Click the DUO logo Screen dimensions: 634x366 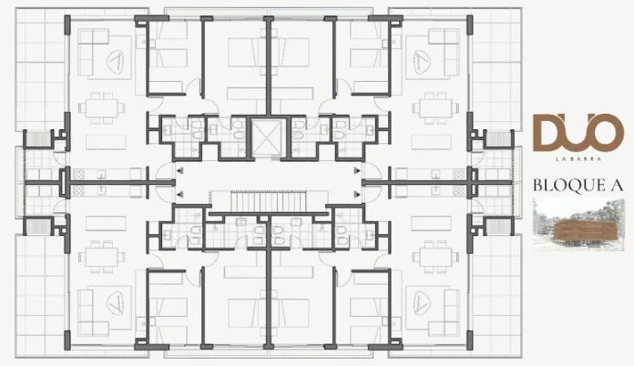578,133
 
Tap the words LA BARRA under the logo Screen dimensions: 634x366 578,159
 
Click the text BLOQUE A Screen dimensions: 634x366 578,185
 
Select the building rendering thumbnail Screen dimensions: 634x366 578,225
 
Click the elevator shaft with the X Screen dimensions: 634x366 266,137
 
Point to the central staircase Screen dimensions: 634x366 267,201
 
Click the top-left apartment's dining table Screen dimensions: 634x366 102,108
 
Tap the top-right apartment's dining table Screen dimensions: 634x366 435,108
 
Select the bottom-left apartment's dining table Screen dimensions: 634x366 102,257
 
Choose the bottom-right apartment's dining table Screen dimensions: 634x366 435,257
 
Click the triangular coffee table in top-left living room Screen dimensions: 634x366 115,61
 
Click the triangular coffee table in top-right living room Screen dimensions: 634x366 422,61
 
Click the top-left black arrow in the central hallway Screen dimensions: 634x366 179,170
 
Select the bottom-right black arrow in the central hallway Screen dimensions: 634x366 357,194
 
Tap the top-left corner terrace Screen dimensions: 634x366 40,68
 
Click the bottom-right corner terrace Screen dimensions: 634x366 496,297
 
